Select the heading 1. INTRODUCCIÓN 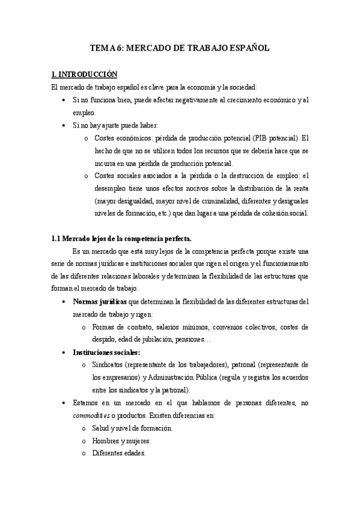[84, 75]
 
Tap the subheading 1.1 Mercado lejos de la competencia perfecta [114, 239]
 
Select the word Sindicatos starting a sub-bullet [109, 364]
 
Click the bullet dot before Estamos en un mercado [64, 402]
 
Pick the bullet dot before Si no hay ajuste [64, 125]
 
